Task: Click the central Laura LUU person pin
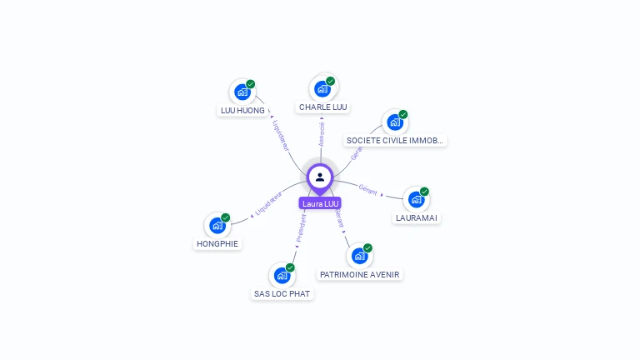pos(320,177)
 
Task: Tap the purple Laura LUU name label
pos(320,203)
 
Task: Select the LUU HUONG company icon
pos(242,92)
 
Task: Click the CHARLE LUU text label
pos(323,107)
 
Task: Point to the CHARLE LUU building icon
pos(322,88)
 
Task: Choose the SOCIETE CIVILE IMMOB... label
pos(396,141)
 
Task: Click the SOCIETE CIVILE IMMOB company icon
pos(395,122)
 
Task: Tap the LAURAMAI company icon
pos(416,199)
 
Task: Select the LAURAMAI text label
pos(417,218)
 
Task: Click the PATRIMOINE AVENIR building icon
pos(359,255)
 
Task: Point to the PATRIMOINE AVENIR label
pos(360,274)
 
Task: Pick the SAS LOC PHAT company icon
pos(282,275)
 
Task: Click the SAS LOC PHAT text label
pos(282,294)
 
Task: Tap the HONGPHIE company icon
pos(217,225)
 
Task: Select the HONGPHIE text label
pos(217,244)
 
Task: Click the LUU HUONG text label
pos(242,110)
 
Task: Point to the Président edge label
pos(302,227)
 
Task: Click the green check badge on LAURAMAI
pos(424,192)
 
